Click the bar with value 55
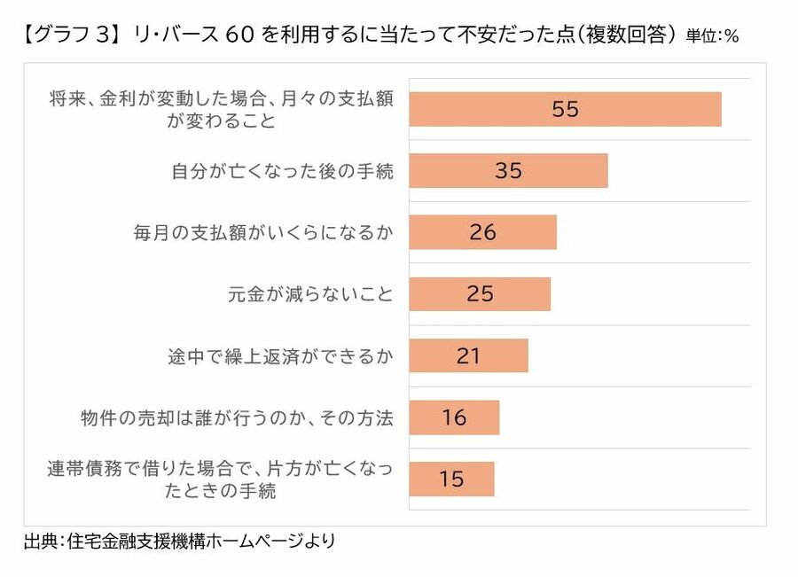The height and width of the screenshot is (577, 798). click(x=565, y=109)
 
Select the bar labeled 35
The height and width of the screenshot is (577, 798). click(x=508, y=170)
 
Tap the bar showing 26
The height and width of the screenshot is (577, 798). click(x=482, y=232)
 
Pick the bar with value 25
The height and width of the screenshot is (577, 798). click(x=480, y=293)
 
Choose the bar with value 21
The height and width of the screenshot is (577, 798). click(x=468, y=355)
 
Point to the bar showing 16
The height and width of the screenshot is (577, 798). click(x=454, y=417)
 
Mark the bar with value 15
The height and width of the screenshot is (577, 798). click(x=451, y=479)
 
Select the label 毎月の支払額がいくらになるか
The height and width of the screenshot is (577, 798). click(x=262, y=232)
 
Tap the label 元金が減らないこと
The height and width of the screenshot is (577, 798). click(x=310, y=293)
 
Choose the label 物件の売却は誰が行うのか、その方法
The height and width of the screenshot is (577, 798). click(x=236, y=417)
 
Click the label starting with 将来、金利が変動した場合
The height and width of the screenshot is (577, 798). click(x=222, y=110)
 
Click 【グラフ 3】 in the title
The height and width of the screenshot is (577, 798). click(x=67, y=36)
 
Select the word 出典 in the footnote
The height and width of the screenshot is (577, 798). click(x=40, y=541)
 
